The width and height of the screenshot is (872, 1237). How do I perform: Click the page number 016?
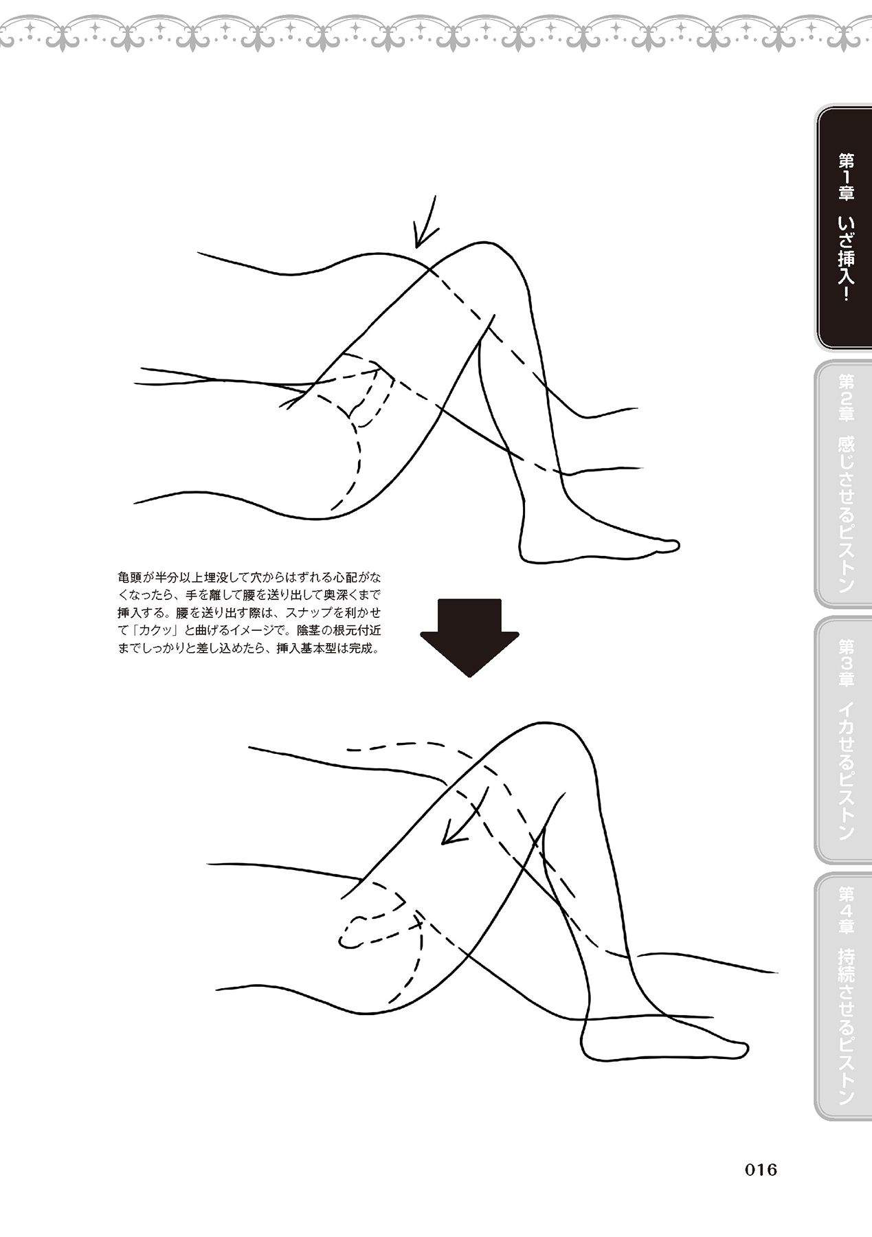pos(761,1169)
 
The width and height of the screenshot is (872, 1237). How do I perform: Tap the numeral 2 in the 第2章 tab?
pos(846,397)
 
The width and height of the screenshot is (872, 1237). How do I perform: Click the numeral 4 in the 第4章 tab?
pos(846,912)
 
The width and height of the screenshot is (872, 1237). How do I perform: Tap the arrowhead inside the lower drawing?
pos(451,833)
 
